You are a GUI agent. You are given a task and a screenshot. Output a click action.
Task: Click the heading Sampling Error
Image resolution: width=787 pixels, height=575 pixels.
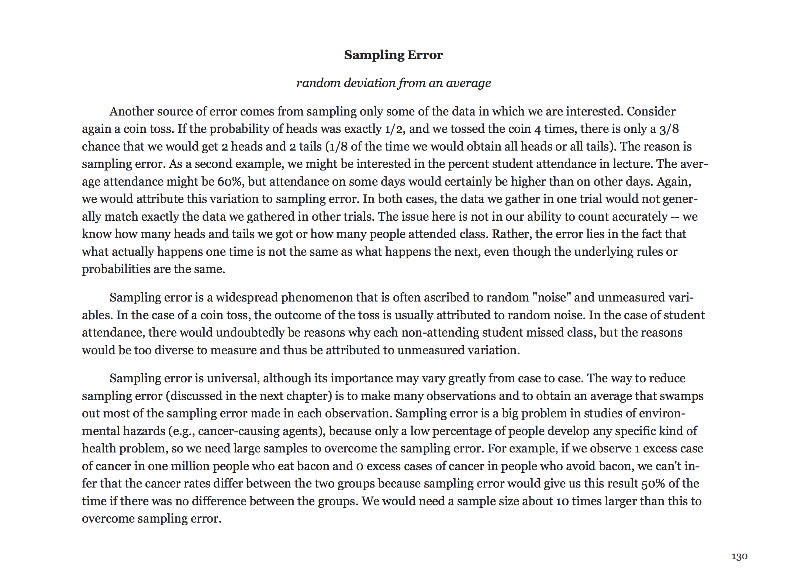(393, 55)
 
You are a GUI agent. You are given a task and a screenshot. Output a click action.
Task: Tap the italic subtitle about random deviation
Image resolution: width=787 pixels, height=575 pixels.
(393, 83)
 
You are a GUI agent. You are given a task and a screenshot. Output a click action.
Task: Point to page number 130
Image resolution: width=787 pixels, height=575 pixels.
(739, 557)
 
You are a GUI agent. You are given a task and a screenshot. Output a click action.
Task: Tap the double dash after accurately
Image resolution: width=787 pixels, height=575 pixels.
(675, 217)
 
